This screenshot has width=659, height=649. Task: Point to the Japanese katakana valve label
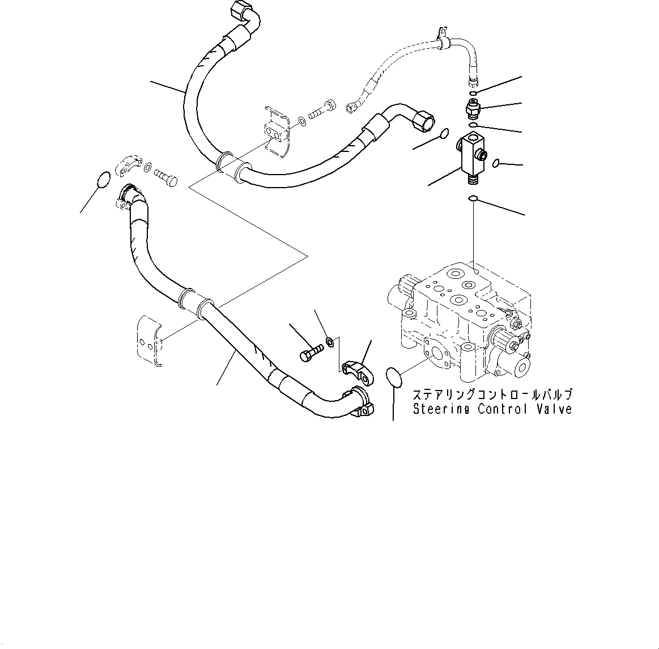pos(492,395)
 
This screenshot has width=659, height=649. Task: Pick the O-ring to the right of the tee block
pos(495,163)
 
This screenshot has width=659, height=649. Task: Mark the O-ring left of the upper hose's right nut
pos(445,134)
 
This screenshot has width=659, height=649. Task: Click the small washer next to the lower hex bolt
pos(329,342)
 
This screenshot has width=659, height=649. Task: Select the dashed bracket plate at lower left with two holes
pos(148,339)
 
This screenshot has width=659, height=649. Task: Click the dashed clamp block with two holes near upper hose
pos(277,131)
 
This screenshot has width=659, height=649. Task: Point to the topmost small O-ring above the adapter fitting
pos(474,93)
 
